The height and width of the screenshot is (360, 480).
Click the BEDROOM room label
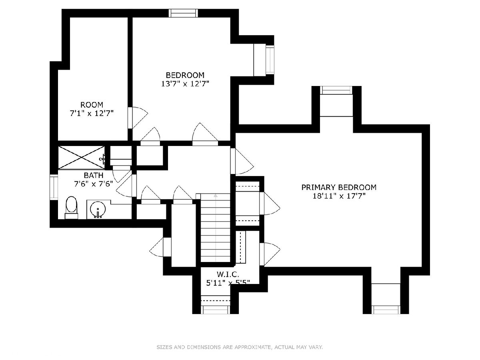point(185,75)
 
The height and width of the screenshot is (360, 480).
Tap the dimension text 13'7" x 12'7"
point(185,84)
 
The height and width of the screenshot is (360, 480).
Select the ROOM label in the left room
point(92,105)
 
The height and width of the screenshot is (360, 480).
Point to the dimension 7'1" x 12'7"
point(92,113)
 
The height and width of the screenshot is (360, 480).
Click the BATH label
point(94,175)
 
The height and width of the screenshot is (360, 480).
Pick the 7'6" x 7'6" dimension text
point(94,184)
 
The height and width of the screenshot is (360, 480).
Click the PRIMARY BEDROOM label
point(339,187)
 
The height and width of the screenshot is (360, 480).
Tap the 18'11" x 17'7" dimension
point(339,196)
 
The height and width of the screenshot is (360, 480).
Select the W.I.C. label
point(228,274)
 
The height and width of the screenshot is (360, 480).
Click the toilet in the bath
point(72,208)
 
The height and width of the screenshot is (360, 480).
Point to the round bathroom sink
point(98,209)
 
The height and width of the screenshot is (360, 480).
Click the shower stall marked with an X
point(81,157)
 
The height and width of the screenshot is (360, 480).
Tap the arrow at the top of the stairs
point(216,196)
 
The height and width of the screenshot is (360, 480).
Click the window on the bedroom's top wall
point(184,13)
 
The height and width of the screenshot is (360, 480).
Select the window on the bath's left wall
point(54,187)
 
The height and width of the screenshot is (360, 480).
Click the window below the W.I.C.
point(215,310)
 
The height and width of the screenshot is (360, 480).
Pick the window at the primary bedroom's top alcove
point(336,90)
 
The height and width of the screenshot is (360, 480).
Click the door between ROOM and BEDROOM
point(138,118)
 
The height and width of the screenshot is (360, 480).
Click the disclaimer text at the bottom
point(240,347)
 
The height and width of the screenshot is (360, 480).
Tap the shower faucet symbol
point(103,159)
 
